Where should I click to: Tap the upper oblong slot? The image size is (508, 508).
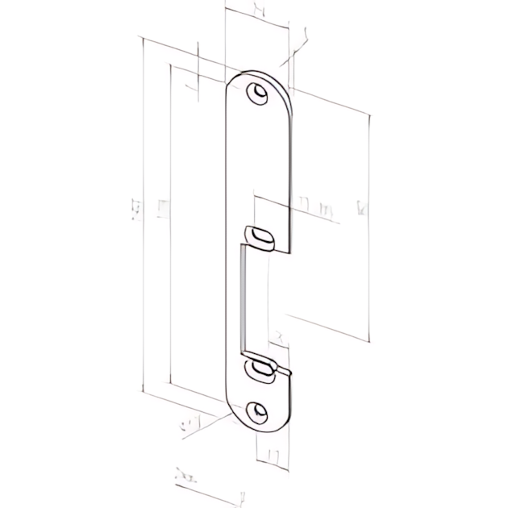[261, 235]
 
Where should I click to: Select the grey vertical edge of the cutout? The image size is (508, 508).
[242, 298]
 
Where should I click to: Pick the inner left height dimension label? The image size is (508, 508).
[163, 210]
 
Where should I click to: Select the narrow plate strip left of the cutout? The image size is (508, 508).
[233, 298]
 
